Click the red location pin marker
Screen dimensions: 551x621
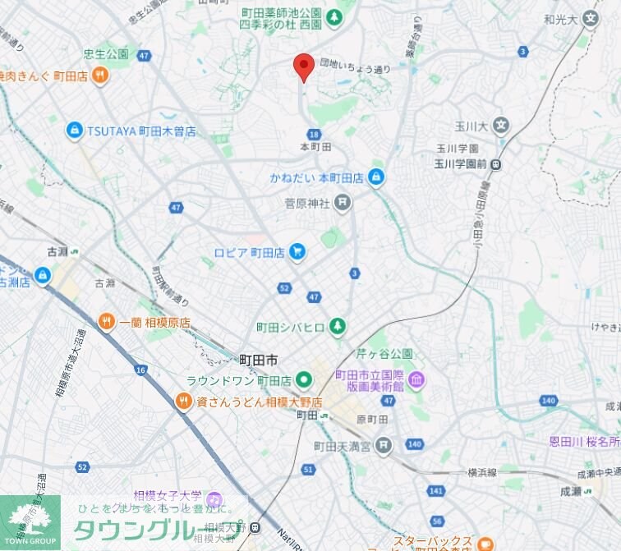pos(304,66)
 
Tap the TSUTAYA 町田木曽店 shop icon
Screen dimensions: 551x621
pos(75,131)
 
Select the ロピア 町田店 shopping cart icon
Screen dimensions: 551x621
pos(297,253)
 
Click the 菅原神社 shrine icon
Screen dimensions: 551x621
pos(343,202)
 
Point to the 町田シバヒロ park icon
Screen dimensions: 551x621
pos(337,327)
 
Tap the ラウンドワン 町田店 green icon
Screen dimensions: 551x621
pos(304,380)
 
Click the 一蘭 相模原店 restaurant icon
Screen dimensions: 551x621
pos(106,322)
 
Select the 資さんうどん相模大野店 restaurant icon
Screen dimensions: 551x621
pos(184,401)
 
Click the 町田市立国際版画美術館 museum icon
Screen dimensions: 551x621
pos(416,380)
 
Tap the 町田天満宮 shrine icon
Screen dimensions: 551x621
pos(384,446)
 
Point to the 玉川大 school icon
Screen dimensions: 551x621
pos(501,126)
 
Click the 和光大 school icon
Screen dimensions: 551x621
pos(590,18)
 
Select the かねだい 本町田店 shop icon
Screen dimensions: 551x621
pos(376,177)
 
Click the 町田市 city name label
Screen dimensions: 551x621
pos(258,360)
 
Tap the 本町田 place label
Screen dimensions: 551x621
pos(315,147)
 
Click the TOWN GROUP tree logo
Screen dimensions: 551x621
pos(30,518)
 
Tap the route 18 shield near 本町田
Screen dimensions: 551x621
pos(314,134)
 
